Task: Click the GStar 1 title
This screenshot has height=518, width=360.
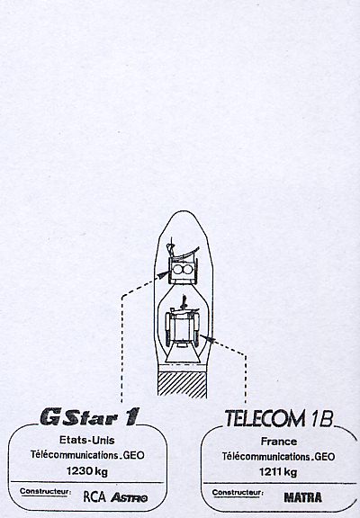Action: (x=90, y=416)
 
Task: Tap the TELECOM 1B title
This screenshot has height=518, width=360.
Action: (x=279, y=418)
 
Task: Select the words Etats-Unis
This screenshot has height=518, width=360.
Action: (x=87, y=440)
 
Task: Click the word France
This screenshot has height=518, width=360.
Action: (x=279, y=442)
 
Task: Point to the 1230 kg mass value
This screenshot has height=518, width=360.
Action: (x=87, y=471)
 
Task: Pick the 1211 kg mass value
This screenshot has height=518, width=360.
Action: (x=278, y=472)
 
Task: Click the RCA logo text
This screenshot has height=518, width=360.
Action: (x=94, y=496)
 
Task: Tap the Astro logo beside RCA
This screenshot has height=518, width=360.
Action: (x=129, y=497)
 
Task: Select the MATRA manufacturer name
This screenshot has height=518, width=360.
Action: (x=302, y=497)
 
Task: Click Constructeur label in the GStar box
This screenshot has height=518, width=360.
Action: (x=45, y=491)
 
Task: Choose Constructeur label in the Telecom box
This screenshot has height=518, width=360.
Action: (x=238, y=493)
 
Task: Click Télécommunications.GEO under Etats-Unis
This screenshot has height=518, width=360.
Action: (x=87, y=455)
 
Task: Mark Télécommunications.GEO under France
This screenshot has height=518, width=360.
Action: (x=278, y=457)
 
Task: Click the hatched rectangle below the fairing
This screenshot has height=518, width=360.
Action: (x=182, y=384)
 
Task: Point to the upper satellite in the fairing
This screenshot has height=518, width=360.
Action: (x=183, y=264)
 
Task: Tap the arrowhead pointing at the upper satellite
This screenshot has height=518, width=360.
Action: (x=164, y=274)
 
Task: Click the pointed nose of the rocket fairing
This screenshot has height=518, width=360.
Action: (x=183, y=211)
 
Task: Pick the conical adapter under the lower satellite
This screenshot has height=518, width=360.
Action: (x=183, y=355)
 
